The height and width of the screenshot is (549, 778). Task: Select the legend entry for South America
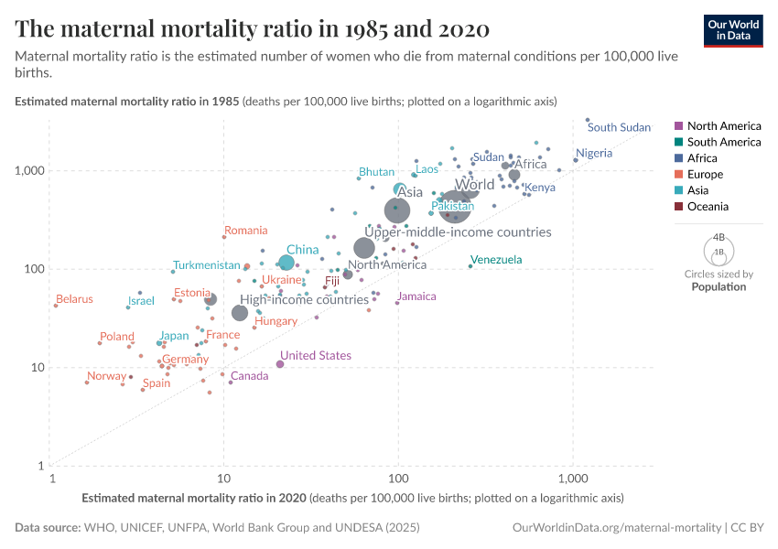[723, 142]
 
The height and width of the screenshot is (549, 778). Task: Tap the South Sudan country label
[619, 127]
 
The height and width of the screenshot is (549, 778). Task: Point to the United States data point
[280, 364]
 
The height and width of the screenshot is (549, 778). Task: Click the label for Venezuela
[495, 260]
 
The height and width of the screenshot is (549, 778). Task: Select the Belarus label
[74, 299]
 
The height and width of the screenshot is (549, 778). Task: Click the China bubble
[286, 263]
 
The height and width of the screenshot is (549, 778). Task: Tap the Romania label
[245, 231]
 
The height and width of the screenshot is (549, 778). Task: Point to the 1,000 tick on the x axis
[573, 478]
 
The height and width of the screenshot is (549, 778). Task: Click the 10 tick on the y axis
[35, 367]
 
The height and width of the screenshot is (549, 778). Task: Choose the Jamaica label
[416, 296]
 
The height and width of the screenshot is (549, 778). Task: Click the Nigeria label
[594, 153]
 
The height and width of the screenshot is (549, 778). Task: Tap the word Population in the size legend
[719, 286]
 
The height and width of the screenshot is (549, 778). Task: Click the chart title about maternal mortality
[253, 29]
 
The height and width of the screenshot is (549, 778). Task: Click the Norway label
[106, 376]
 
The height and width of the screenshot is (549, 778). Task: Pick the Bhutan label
[376, 172]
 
